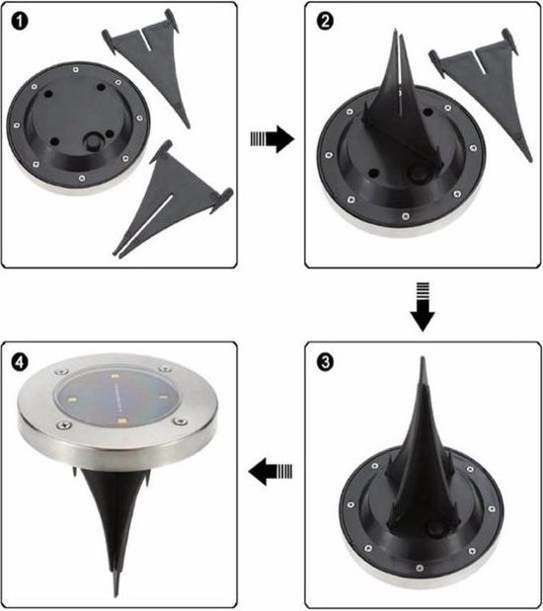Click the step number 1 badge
click(24, 23)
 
